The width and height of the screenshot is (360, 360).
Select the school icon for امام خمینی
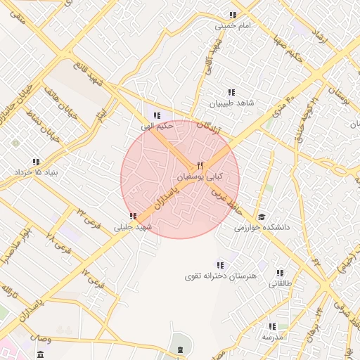(x=232, y=15)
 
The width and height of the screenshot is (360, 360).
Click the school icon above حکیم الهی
(x=157, y=115)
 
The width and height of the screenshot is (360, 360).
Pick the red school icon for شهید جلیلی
(x=133, y=216)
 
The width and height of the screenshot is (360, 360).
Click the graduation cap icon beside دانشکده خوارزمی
(x=262, y=217)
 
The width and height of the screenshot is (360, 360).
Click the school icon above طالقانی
(x=280, y=273)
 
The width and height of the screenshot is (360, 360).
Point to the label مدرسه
(x=272, y=337)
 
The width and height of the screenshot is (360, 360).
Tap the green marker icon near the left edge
(x=15, y=143)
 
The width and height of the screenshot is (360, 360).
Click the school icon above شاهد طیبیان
(x=231, y=92)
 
